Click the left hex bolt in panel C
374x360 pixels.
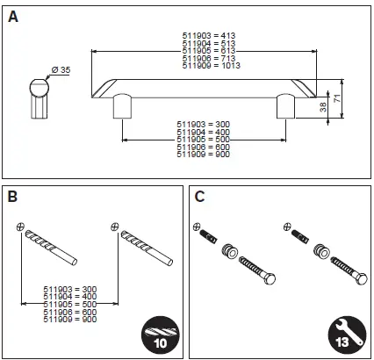(x=255, y=267)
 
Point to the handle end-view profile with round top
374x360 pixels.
(x=38, y=96)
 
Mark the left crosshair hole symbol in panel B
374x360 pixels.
(x=20, y=226)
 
